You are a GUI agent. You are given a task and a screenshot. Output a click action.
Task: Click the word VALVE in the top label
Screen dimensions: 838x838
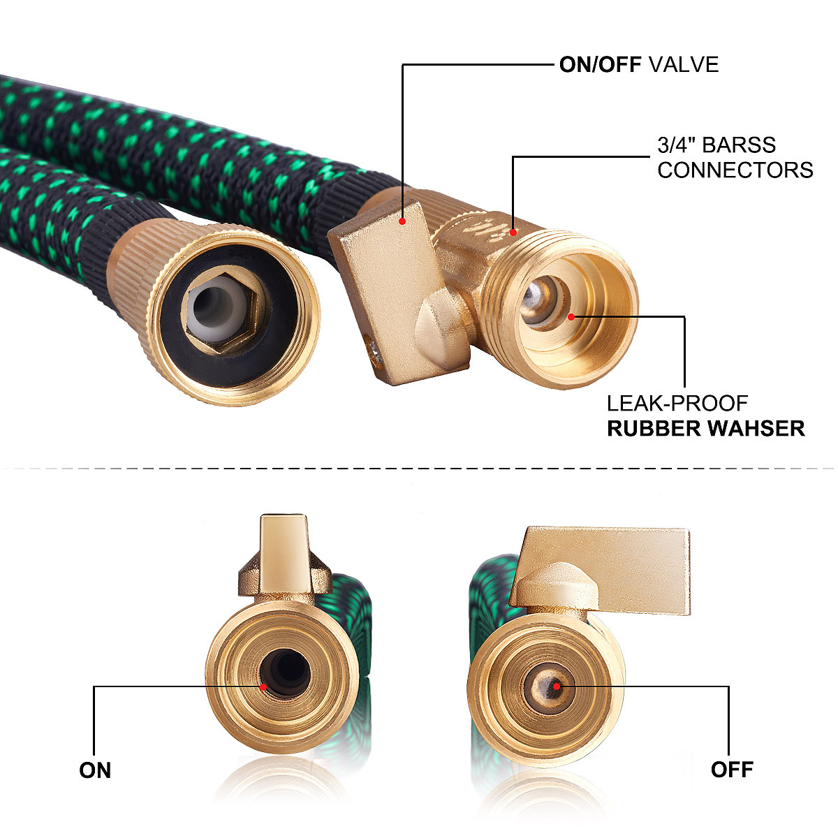684,65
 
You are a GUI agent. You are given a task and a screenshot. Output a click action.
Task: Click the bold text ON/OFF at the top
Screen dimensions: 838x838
601,65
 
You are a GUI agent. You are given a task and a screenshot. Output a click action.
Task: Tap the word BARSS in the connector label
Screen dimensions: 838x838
739,145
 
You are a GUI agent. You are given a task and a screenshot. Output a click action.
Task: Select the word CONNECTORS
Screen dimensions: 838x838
735,170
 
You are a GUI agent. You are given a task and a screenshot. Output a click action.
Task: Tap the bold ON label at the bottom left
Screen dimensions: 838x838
95,770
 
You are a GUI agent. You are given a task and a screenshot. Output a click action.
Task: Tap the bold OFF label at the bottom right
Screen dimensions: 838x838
732,770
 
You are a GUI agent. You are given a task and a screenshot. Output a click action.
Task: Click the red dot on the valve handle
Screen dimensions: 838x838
403,221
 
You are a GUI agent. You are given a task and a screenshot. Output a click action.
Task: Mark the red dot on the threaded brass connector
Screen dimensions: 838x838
513,231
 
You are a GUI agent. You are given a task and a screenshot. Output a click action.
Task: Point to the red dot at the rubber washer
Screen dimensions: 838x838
571,316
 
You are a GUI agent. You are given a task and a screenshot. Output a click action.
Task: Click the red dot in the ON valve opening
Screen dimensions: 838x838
263,686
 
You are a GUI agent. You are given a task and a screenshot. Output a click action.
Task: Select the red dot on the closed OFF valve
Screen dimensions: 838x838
557,686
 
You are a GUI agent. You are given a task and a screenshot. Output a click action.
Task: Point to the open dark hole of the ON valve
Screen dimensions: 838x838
286,674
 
